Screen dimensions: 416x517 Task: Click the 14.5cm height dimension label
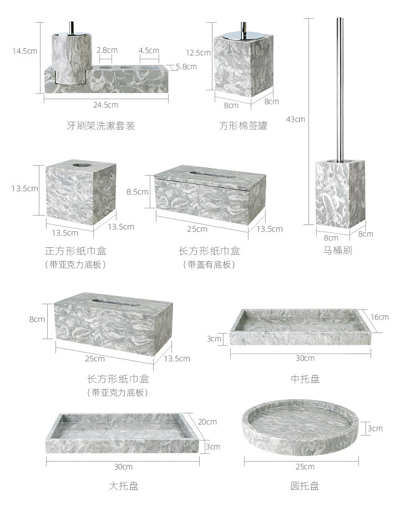pyautogui.click(x=25, y=51)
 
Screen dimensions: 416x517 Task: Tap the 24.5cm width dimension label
pyautogui.click(x=105, y=105)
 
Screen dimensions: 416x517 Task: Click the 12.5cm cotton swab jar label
pyautogui.click(x=199, y=53)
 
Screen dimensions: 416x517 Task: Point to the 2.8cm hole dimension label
pyautogui.click(x=107, y=50)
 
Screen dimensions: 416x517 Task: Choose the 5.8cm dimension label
pyautogui.click(x=186, y=66)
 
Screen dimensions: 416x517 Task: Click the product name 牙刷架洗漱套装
pyautogui.click(x=101, y=126)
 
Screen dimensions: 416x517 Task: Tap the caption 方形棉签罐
pyautogui.click(x=243, y=126)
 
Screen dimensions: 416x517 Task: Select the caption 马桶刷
pyautogui.click(x=338, y=250)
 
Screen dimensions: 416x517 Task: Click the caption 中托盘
pyautogui.click(x=305, y=379)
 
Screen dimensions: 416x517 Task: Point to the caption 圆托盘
pyautogui.click(x=305, y=486)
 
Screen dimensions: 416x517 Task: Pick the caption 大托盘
pyautogui.click(x=123, y=486)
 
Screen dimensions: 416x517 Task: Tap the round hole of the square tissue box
pyautogui.click(x=81, y=165)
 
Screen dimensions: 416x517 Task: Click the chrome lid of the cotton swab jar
pyautogui.click(x=242, y=37)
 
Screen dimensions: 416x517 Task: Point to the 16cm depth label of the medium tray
pyautogui.click(x=380, y=317)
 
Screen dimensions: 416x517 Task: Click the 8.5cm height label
pyautogui.click(x=138, y=192)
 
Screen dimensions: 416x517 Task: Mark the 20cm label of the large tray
pyautogui.click(x=207, y=422)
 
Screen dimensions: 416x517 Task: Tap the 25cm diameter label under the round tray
pyautogui.click(x=305, y=466)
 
